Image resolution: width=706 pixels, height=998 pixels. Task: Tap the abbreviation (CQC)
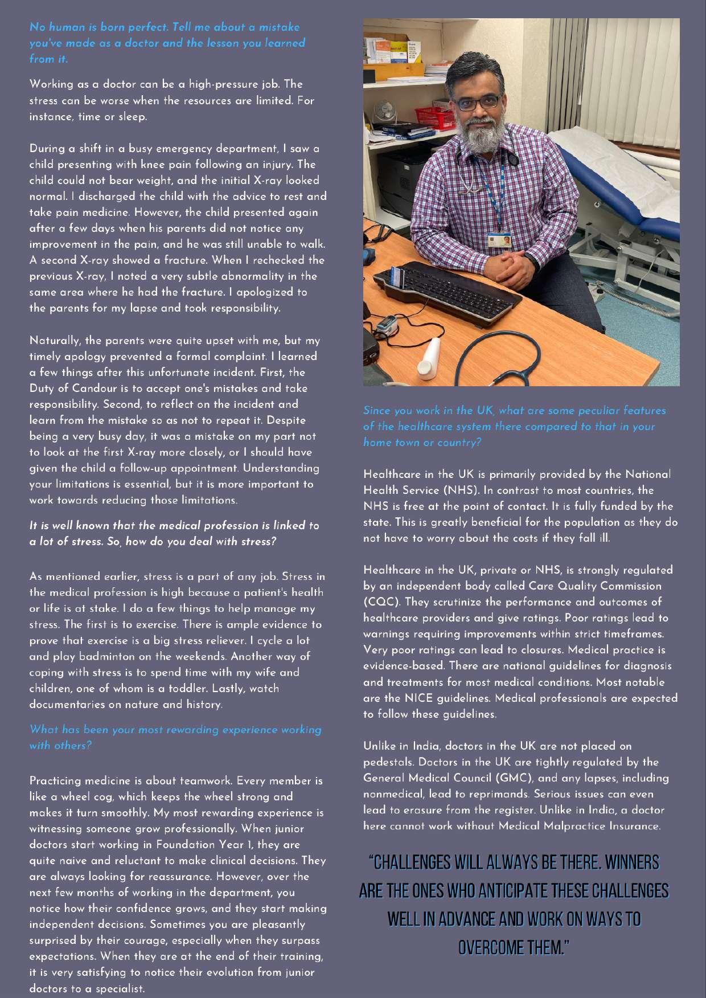pyautogui.click(x=380, y=602)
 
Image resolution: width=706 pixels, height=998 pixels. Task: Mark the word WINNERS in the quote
pyautogui.click(x=632, y=862)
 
